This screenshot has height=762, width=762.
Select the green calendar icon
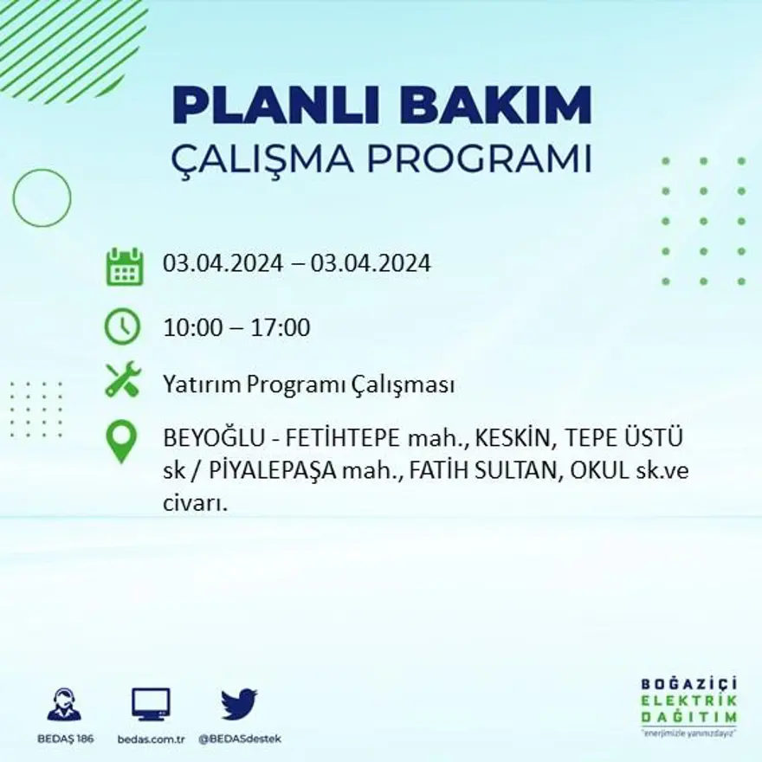pos(124,267)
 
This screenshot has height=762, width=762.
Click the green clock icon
pos(122,326)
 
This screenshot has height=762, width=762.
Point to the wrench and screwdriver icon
pos(122,380)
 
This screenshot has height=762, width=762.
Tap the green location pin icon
pos(122,441)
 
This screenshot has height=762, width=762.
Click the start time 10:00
pos(190,328)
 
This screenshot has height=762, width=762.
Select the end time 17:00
pos(281,328)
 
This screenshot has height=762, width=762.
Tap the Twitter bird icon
pos(239,704)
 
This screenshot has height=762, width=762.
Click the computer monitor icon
pos(151,704)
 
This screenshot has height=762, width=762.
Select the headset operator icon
pos(64,705)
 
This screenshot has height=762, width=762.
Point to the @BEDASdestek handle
pos(239,739)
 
